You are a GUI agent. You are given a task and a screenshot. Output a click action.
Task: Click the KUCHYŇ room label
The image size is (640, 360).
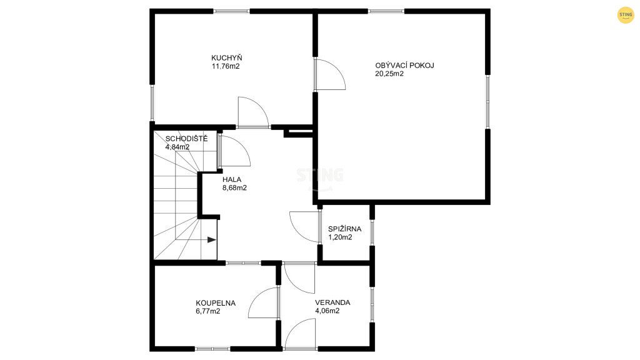click(x=226, y=58)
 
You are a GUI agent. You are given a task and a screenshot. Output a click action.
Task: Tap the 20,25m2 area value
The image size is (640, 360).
click(x=389, y=74)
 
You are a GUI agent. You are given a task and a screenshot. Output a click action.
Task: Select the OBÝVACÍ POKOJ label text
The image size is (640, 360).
click(x=404, y=65)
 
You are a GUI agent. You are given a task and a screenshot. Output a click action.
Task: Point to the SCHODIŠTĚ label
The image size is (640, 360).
click(x=186, y=138)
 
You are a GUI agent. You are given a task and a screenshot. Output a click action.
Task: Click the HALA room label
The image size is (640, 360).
click(x=232, y=179)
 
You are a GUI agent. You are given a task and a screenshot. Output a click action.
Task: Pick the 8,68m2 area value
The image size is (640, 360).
click(x=234, y=188)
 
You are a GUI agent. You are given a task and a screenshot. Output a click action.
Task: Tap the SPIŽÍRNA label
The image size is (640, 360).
click(x=344, y=229)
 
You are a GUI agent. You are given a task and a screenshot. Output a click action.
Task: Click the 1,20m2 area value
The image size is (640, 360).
click(x=340, y=237)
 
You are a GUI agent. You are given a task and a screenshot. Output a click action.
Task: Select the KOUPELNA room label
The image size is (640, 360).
click(x=216, y=303)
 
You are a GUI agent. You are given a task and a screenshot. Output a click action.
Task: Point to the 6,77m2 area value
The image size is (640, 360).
click(x=207, y=311)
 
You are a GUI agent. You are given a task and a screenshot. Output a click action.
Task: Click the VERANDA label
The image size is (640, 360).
click(x=332, y=303)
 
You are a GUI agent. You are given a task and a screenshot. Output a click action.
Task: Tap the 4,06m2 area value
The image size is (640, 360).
click(x=327, y=311)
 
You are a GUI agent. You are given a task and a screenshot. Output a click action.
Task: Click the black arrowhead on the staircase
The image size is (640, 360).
click(x=211, y=240)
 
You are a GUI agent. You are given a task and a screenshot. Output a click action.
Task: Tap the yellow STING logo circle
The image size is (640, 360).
click(x=625, y=15)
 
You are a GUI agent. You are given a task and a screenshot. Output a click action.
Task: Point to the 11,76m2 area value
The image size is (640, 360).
click(x=225, y=66)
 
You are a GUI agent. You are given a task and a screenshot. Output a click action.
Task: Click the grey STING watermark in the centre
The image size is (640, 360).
click(x=319, y=176)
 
